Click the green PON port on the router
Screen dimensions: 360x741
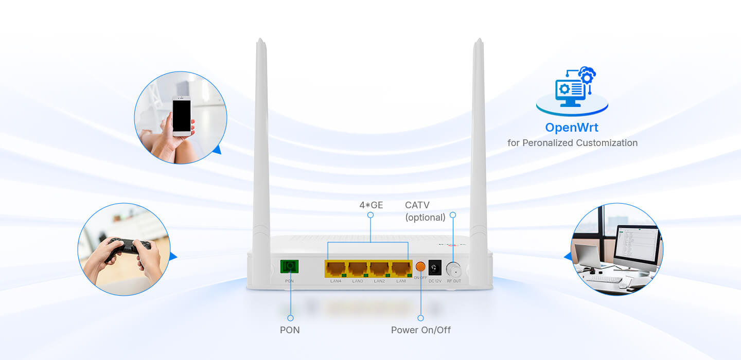point(290,266)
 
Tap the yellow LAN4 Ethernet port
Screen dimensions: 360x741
point(335,268)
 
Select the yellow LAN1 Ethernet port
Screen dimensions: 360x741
point(401,268)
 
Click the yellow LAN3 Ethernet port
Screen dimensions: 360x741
point(357,268)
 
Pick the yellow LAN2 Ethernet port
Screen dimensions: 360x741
point(379,268)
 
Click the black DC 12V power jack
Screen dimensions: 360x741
point(435,267)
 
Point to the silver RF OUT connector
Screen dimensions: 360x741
point(453,268)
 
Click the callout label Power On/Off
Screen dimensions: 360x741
point(420,330)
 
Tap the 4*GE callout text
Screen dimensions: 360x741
point(371,205)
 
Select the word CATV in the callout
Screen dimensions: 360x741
point(417,205)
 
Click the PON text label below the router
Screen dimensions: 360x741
point(290,330)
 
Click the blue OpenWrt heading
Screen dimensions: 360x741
point(572,127)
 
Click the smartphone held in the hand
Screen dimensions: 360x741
point(181,116)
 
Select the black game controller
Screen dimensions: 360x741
point(129,246)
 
